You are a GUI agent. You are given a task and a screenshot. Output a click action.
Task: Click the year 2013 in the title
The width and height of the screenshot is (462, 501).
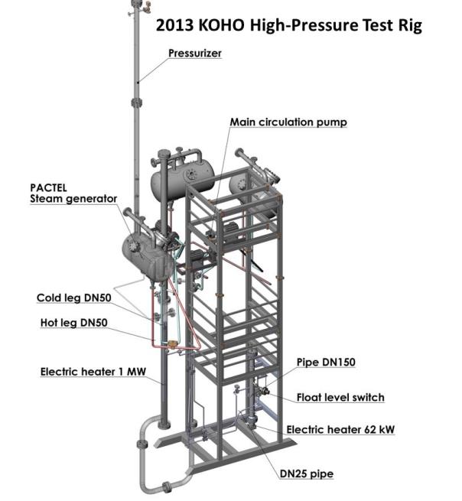(x=174, y=25)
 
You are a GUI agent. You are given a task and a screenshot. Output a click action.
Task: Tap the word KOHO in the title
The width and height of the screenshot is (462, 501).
(x=221, y=25)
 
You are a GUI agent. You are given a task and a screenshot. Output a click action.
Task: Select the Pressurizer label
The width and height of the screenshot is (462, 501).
(x=195, y=53)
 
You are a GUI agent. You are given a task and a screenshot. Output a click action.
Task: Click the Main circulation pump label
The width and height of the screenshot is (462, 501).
(x=288, y=122)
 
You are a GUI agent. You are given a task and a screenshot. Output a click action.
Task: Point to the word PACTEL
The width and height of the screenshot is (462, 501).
(x=48, y=187)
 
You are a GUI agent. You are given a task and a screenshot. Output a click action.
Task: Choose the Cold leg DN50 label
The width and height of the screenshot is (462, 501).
(x=74, y=298)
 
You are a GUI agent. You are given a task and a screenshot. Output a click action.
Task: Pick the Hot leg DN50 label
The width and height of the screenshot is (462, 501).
(x=73, y=323)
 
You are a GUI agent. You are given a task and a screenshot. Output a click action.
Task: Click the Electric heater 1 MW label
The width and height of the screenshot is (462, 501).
(x=93, y=372)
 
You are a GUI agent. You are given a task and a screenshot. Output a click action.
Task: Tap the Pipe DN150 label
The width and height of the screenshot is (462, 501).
(x=326, y=362)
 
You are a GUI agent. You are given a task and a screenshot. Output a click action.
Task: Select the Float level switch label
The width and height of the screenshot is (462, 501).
(x=340, y=398)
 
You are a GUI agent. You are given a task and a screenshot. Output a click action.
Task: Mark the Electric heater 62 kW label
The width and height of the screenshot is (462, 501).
(x=340, y=429)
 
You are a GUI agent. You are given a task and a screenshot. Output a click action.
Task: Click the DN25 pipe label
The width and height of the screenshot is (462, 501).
(x=307, y=473)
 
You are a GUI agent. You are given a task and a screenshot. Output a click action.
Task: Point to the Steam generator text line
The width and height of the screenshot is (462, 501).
(x=73, y=199)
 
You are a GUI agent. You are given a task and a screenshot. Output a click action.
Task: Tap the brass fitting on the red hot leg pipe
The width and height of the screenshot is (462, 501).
(x=173, y=343)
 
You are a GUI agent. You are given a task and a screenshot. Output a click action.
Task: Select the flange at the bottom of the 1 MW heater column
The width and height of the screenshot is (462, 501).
(x=164, y=425)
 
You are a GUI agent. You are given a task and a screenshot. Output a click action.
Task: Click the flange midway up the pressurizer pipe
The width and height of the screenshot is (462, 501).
(x=137, y=103)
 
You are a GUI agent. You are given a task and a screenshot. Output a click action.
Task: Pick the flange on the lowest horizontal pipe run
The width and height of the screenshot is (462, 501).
(x=167, y=487)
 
